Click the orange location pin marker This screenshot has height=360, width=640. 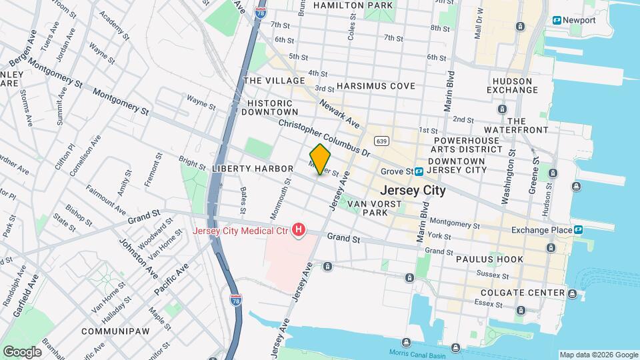coord(320,159)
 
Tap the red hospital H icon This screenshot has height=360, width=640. coord(299,231)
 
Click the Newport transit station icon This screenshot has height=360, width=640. coord(556,20)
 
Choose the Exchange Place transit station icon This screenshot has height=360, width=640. coord(578,230)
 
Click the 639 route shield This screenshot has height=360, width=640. coord(381,141)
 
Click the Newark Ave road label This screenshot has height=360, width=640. coord(339,113)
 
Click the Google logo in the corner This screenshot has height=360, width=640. coord(22,351)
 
